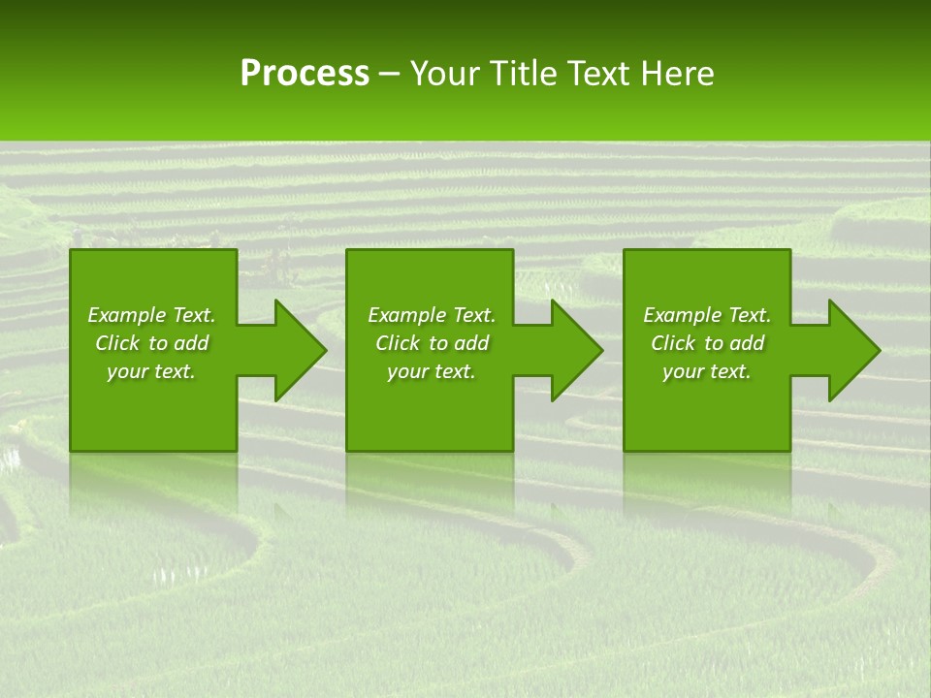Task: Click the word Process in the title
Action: tap(305, 74)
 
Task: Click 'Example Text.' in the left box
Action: tap(151, 315)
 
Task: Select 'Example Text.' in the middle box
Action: tap(432, 315)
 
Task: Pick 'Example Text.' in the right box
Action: tap(707, 315)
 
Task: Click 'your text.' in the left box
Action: tap(151, 371)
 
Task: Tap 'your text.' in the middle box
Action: tap(432, 371)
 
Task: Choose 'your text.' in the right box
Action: tap(707, 371)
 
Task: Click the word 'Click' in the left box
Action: tap(117, 343)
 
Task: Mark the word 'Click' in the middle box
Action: tap(398, 343)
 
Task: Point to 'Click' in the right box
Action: tap(673, 343)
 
